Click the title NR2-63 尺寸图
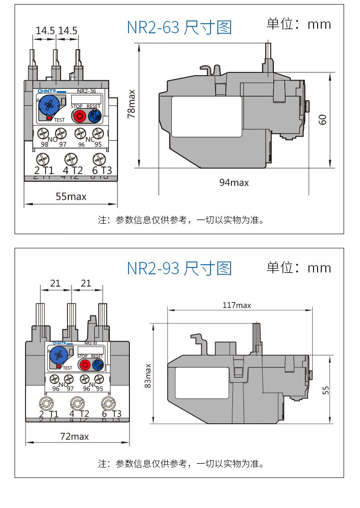[x=179, y=27]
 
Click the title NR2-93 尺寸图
[x=179, y=268]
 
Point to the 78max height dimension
[x=132, y=104]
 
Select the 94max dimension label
[x=234, y=183]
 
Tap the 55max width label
[x=71, y=197]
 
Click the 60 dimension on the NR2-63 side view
[x=323, y=119]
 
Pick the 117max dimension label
[x=237, y=305]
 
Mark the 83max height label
[x=147, y=375]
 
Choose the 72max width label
[x=74, y=436]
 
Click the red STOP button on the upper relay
[x=79, y=116]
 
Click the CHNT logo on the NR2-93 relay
[x=59, y=343]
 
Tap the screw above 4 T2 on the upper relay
[x=71, y=159]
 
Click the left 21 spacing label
[x=55, y=283]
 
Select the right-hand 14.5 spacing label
[x=68, y=31]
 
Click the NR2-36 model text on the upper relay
[x=87, y=91]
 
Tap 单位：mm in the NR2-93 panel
[x=298, y=267]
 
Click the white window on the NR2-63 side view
[x=206, y=116]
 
